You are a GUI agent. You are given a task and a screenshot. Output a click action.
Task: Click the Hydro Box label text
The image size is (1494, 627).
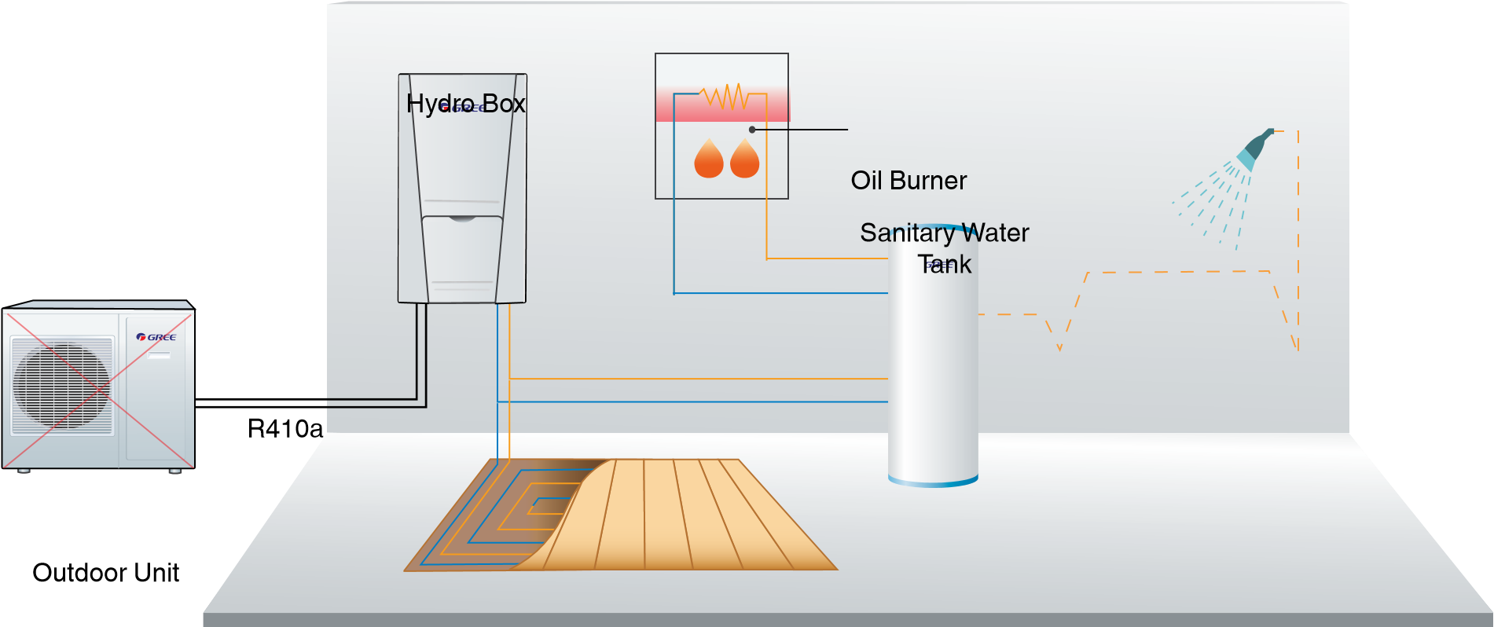tap(465, 103)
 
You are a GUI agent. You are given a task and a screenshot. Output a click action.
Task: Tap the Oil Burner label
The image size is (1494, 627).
tap(909, 181)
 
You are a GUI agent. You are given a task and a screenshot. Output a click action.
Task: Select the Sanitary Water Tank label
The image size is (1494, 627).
tap(944, 247)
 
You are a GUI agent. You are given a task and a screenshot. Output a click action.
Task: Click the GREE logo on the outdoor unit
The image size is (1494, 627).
tap(156, 337)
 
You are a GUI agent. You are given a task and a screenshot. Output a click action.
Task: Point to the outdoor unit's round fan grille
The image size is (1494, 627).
tap(61, 386)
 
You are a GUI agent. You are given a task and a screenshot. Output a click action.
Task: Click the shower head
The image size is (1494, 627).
tap(1254, 148)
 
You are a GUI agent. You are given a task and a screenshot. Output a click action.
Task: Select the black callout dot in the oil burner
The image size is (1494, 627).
tap(752, 130)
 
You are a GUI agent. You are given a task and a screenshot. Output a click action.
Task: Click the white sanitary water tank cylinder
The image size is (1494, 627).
tap(933, 369)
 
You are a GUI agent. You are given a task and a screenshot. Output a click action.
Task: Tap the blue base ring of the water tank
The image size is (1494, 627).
tap(933, 481)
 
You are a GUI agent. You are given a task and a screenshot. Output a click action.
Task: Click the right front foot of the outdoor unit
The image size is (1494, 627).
tap(175, 471)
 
